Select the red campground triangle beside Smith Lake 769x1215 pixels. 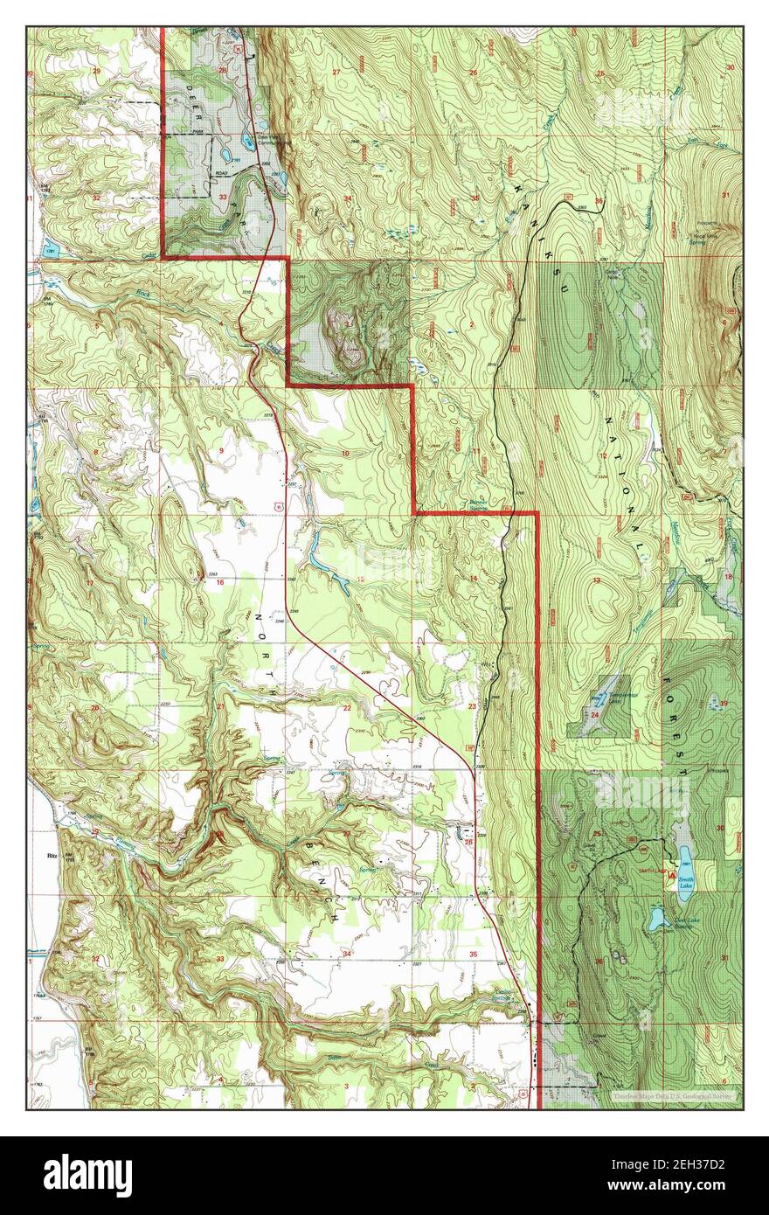click(671, 874)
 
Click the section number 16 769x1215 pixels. click(220, 582)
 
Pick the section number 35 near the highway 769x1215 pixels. click(473, 955)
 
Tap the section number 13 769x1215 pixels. click(597, 580)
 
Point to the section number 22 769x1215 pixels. click(347, 708)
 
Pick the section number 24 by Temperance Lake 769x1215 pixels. click(594, 715)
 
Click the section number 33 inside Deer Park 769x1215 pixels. click(223, 198)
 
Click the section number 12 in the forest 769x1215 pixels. click(603, 455)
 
